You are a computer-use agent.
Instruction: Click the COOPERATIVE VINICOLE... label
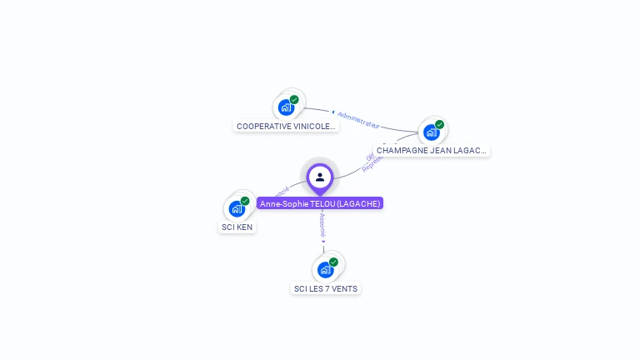coord(286,127)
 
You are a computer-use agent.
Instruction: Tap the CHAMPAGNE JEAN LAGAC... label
coord(431,151)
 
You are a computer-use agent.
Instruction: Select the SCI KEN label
coord(237,227)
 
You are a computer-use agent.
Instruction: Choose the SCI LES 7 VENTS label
coord(325,289)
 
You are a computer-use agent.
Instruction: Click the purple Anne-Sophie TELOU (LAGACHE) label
coord(320,203)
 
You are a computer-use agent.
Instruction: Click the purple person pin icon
coord(320,177)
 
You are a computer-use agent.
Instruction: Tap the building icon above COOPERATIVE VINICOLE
coord(286,107)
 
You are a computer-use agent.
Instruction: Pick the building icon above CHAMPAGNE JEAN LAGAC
coord(431,132)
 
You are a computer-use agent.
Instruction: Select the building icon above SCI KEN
coord(237,207)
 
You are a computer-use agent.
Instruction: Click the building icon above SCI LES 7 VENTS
coord(325,269)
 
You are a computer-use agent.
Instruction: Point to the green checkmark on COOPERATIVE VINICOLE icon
coord(294,100)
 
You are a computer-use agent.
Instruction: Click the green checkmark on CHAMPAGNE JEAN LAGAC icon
coord(439,125)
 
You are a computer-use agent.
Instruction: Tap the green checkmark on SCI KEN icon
coord(245,201)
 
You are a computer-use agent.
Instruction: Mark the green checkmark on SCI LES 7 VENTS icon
coord(333,262)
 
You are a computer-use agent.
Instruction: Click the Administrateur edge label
coord(358,118)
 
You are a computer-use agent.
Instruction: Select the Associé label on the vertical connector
coord(322,225)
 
